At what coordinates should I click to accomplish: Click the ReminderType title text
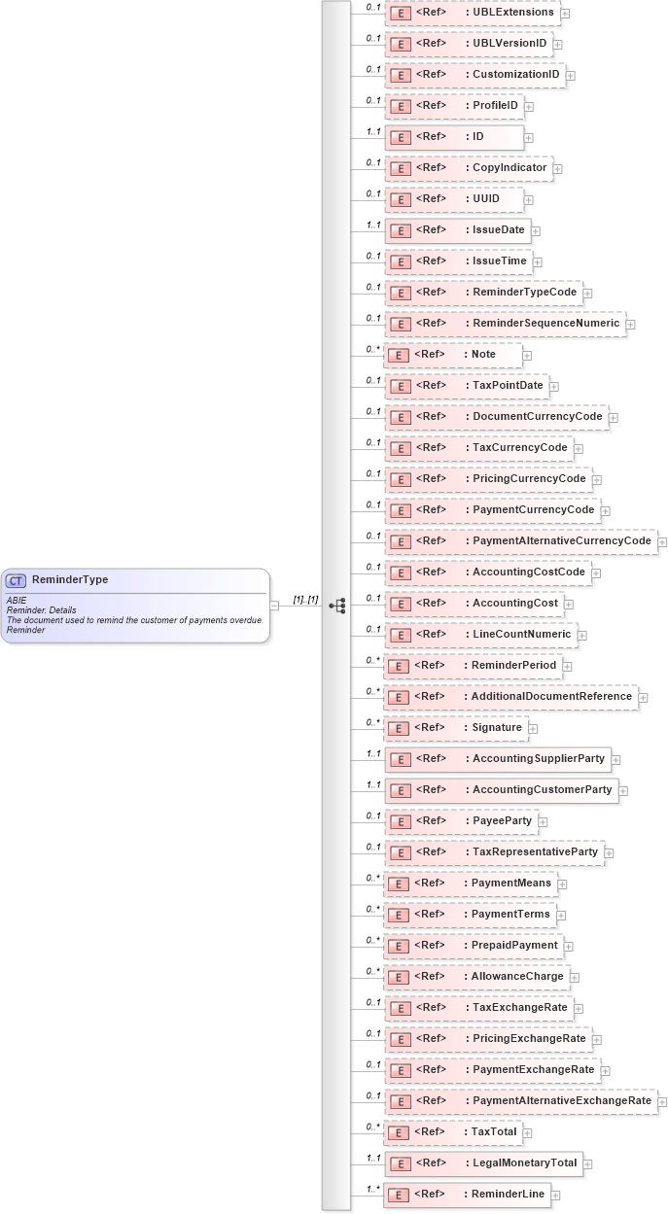pyautogui.click(x=70, y=580)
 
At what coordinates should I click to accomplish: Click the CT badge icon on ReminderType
pyautogui.click(x=16, y=581)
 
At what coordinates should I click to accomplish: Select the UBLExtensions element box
pyautogui.click(x=473, y=13)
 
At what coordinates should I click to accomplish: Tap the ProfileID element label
pyautogui.click(x=495, y=106)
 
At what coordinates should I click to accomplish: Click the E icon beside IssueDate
pyautogui.click(x=399, y=230)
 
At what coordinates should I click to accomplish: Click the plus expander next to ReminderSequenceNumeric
pyautogui.click(x=630, y=325)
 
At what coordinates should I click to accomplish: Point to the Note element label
pyautogui.click(x=483, y=355)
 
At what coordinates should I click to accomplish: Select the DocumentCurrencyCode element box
pyautogui.click(x=496, y=417)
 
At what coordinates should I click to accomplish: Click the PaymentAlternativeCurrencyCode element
pyautogui.click(x=520, y=541)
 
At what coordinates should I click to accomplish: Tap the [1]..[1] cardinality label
pyautogui.click(x=305, y=600)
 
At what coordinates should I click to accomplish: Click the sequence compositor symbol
pyautogui.click(x=337, y=606)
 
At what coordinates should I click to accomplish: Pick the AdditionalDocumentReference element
pyautogui.click(x=510, y=697)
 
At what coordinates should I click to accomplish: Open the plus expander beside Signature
pyautogui.click(x=533, y=729)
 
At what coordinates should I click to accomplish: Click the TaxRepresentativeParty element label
pyautogui.click(x=535, y=852)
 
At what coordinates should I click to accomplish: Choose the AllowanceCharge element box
pyautogui.click(x=476, y=977)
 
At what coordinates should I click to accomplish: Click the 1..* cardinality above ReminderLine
pyautogui.click(x=372, y=1189)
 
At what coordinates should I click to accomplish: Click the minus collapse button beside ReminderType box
pyautogui.click(x=274, y=606)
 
